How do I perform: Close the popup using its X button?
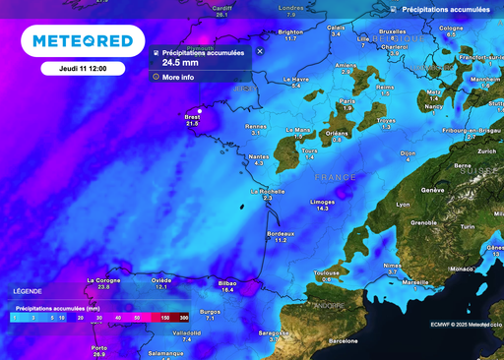tap(260, 51)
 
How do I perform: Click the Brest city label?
tap(192, 117)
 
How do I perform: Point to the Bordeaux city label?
tap(281, 233)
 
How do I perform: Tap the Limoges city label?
tap(322, 201)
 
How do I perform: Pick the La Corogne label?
tap(103, 279)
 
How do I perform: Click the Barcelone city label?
tap(343, 340)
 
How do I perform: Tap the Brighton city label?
tap(290, 31)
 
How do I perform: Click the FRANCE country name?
tap(335, 177)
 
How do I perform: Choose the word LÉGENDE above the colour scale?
tap(28, 292)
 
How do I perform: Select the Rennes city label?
tap(257, 126)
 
